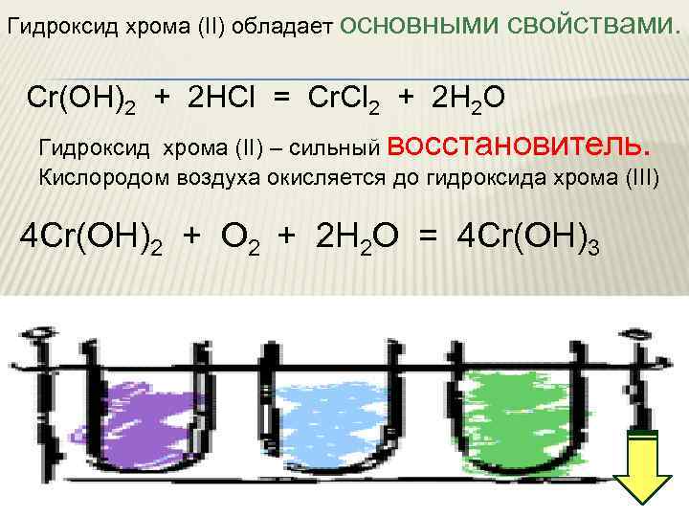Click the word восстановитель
(521, 145)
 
